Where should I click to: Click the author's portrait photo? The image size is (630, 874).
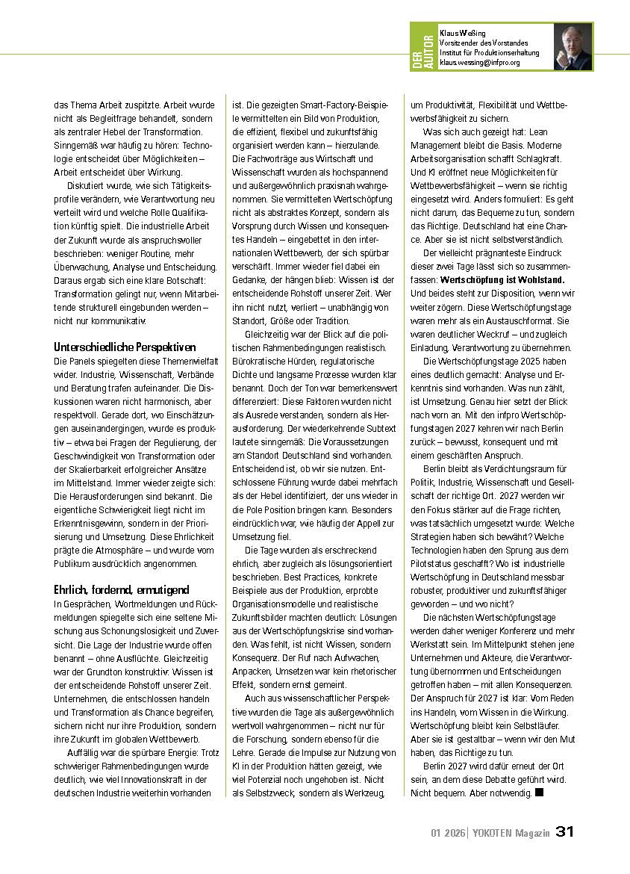coord(573,47)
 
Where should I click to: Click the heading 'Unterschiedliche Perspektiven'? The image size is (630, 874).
coord(125,347)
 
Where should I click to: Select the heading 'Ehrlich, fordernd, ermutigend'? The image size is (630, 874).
coord(121,589)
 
